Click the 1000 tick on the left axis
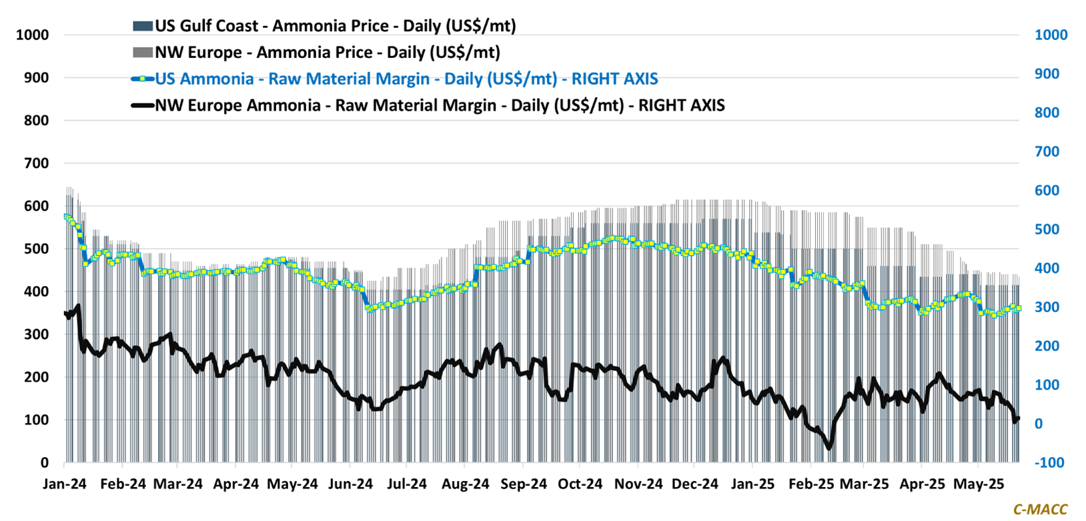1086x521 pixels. (33, 35)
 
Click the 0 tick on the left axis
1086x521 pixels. (45, 462)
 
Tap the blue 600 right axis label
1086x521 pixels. (1047, 191)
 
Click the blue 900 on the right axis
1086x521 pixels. (1047, 74)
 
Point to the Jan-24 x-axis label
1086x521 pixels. (65, 484)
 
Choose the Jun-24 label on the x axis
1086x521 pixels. (351, 484)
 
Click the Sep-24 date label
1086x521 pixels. (524, 484)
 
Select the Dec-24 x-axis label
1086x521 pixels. (696, 484)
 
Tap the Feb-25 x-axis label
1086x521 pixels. (811, 484)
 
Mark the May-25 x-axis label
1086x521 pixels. (979, 484)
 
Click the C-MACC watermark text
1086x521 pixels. (1040, 510)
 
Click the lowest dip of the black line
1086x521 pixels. (829, 448)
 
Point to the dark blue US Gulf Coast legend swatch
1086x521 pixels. (143, 26)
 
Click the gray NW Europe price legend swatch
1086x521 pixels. (143, 52)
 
